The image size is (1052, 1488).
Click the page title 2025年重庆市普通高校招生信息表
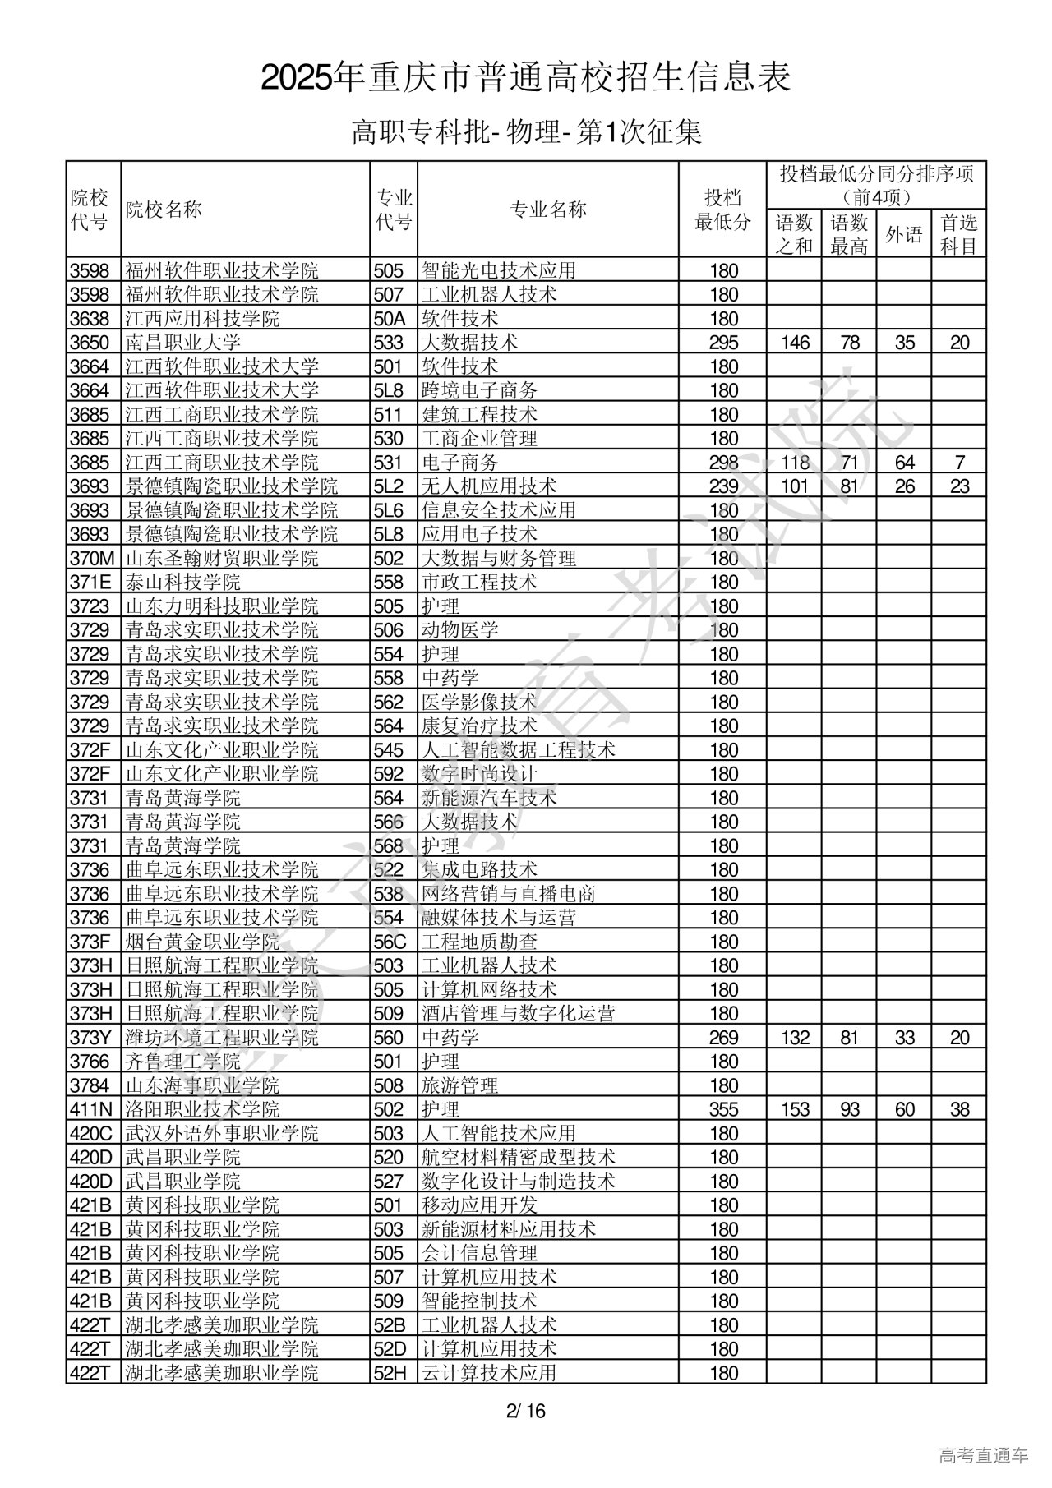pos(526,78)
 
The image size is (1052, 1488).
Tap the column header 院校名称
pos(163,210)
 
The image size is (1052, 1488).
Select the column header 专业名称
pos(548,210)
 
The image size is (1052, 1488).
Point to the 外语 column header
pos(904,235)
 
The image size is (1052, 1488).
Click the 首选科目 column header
pos(959,235)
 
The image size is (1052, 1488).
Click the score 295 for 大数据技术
pos(723,343)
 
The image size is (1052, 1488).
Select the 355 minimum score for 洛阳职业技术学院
pos(723,1109)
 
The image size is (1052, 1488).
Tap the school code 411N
pos(90,1109)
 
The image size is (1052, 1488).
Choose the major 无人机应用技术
pos(489,486)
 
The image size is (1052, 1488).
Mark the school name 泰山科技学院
pos(182,583)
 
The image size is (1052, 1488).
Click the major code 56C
pos(390,942)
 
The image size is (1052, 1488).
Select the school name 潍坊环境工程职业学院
pos(221,1038)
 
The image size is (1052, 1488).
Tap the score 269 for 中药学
pos(723,1038)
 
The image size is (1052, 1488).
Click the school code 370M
pos(92,559)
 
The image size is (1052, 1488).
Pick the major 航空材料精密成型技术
pos(519,1158)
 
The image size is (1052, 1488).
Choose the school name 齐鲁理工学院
pos(182,1062)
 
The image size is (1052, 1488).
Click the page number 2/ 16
pos(526,1412)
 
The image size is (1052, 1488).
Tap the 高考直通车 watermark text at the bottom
pos(983,1456)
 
